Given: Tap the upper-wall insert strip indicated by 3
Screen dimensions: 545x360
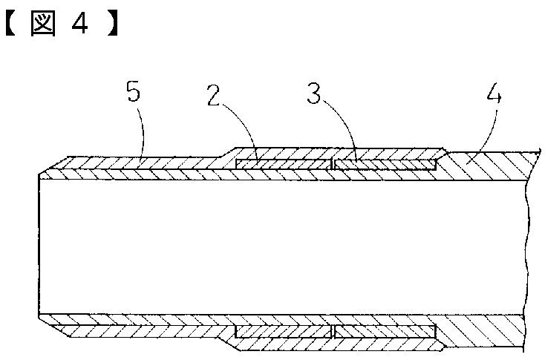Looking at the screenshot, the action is click(x=383, y=162).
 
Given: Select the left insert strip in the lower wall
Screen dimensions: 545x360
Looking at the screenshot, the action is click(x=283, y=330).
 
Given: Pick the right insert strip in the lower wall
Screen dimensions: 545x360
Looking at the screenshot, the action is click(x=383, y=330).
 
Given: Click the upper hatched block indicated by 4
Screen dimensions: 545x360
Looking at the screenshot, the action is click(x=486, y=163).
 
